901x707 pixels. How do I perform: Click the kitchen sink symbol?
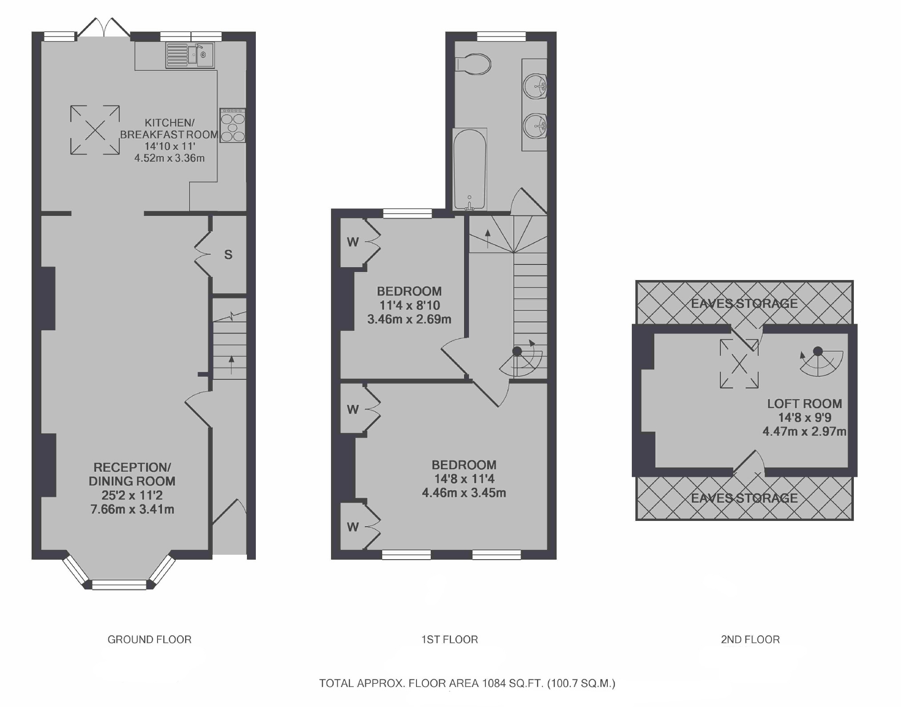(190, 55)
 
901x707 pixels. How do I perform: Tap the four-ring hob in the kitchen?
(232, 126)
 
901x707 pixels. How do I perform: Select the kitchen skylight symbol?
(95, 130)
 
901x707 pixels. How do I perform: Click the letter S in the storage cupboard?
(228, 255)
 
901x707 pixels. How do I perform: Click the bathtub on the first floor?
(470, 169)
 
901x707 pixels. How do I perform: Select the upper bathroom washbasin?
(535, 85)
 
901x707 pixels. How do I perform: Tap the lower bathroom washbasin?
(535, 126)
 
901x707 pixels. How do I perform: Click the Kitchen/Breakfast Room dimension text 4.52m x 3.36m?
(170, 158)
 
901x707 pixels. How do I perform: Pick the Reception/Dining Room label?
(132, 474)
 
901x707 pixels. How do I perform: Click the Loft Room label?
(804, 404)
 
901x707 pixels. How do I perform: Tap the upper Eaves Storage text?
(744, 304)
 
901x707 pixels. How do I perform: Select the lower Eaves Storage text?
(744, 498)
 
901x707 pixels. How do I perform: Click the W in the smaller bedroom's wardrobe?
(353, 242)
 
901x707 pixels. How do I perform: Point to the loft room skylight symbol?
(739, 364)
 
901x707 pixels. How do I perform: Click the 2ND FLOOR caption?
(750, 640)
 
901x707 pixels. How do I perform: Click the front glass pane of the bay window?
(119, 585)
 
